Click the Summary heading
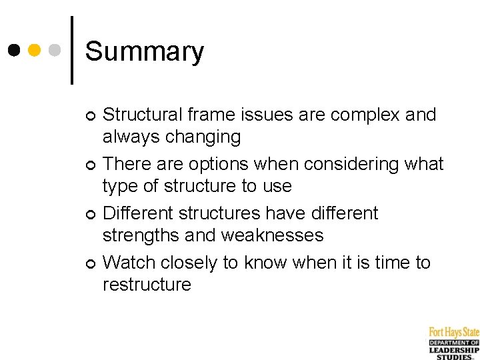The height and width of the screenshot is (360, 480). [x=145, y=51]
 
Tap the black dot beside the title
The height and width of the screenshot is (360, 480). [x=13, y=50]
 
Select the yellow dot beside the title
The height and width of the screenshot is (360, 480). [x=35, y=50]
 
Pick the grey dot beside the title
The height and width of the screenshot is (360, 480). [x=56, y=50]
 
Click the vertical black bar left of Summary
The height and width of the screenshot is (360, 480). [x=71, y=50]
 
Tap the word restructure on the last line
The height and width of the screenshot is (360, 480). [x=147, y=285]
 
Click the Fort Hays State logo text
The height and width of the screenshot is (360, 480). [x=454, y=331]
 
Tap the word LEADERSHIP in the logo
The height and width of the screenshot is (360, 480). [x=454, y=350]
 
